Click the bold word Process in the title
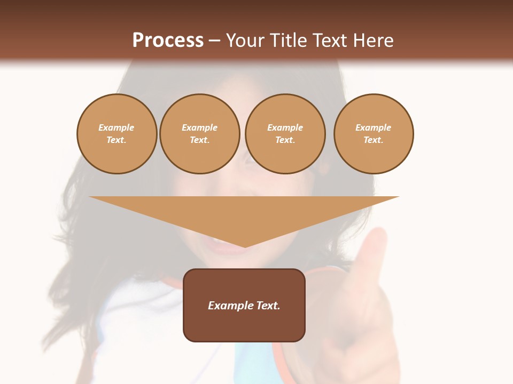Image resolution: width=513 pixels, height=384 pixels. [x=168, y=41]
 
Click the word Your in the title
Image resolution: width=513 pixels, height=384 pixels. [x=246, y=41]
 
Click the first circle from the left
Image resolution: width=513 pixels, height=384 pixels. [x=117, y=134]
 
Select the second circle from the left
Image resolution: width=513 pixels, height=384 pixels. [x=200, y=134]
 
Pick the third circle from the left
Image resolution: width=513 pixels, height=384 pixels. [x=285, y=134]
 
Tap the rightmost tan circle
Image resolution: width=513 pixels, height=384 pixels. [x=374, y=134]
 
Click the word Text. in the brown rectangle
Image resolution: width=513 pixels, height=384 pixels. [x=268, y=306]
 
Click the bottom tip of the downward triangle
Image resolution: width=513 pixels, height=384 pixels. [x=245, y=246]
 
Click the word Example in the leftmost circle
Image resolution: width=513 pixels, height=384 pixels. [x=116, y=127]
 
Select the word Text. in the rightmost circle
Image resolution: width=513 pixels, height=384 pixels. [x=374, y=140]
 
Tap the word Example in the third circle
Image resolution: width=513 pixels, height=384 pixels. [x=285, y=127]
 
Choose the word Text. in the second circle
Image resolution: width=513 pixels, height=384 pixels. [x=200, y=140]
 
